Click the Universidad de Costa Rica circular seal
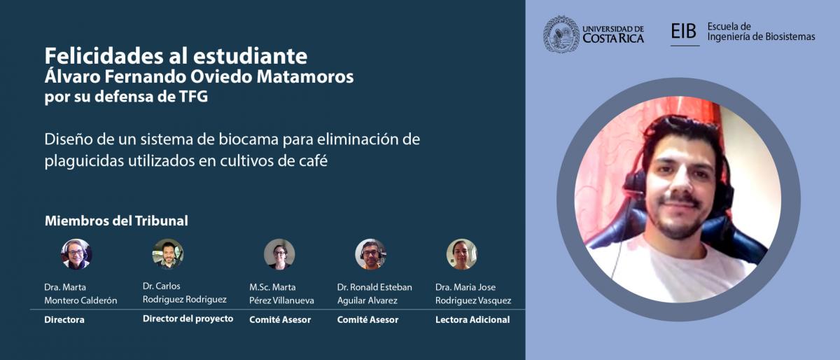pos(561,34)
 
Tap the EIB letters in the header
pos(683,31)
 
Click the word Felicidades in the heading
pos(103,55)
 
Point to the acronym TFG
pos(193,97)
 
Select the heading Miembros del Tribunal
pos(116,221)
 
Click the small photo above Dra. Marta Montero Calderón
pos(76,254)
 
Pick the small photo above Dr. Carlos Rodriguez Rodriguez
pos(167,254)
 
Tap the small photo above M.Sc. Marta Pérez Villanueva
pos(279,254)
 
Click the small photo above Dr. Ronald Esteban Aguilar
pos(370,254)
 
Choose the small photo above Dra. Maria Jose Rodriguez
pos(461,254)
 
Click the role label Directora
pos(64,320)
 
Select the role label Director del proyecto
pos(188,319)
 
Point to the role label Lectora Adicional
pos(472,320)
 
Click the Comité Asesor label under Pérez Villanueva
pos(280,320)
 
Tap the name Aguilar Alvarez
pos(367,300)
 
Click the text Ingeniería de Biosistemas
pos(762,37)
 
